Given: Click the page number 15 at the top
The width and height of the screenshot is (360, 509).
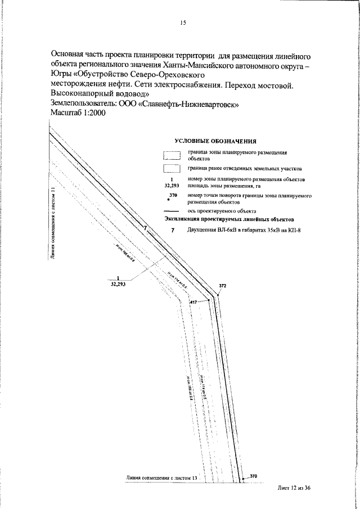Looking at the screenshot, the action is tap(182, 23).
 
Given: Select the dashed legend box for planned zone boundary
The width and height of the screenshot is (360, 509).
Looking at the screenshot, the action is tap(171, 156).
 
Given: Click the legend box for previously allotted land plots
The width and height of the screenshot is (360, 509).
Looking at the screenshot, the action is tap(171, 168).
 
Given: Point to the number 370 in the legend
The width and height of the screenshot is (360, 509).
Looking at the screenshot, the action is tap(173, 195).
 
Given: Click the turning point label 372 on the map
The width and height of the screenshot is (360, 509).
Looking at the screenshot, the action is tap(222, 286).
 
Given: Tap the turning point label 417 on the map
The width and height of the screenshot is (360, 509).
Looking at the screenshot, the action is tap(194, 303).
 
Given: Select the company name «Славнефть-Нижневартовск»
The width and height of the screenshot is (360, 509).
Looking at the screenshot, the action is tap(192, 104).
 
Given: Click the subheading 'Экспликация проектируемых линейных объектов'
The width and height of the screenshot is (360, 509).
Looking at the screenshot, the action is tap(229, 219).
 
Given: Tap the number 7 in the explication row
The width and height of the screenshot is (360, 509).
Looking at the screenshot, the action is tap(173, 231).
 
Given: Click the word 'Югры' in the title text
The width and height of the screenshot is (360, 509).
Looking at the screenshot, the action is tap(61, 74).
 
